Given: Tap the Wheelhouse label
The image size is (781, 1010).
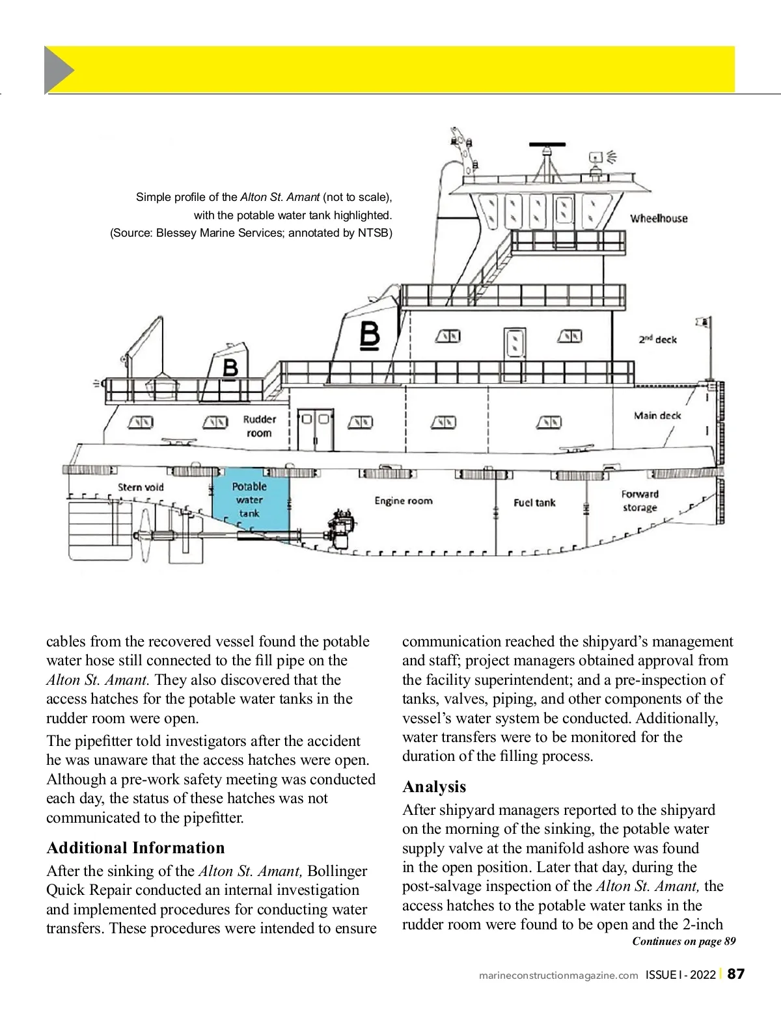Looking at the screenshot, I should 659,219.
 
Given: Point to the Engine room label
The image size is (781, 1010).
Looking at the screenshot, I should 403,501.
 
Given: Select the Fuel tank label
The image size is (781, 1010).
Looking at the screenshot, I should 534,502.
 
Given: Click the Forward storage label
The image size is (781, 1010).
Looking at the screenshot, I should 640,501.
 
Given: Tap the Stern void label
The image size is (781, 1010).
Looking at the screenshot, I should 141,487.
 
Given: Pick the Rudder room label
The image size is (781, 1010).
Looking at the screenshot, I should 259,426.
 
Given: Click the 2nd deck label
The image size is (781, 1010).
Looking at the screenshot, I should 657,339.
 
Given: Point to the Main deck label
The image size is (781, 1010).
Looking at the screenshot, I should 657,416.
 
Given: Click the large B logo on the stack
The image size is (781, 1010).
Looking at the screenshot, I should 370,336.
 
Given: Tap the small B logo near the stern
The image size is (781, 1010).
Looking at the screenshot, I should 230,368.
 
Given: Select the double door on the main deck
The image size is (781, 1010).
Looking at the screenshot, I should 316,429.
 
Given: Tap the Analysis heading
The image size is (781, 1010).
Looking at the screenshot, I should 434,787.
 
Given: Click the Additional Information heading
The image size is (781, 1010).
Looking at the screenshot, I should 135,848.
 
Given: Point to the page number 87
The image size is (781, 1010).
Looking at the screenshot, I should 735,974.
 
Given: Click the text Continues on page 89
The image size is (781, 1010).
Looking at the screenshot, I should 683,941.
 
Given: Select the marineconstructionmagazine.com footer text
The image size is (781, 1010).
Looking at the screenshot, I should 558,975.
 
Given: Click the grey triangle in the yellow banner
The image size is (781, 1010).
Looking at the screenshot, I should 57,69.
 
